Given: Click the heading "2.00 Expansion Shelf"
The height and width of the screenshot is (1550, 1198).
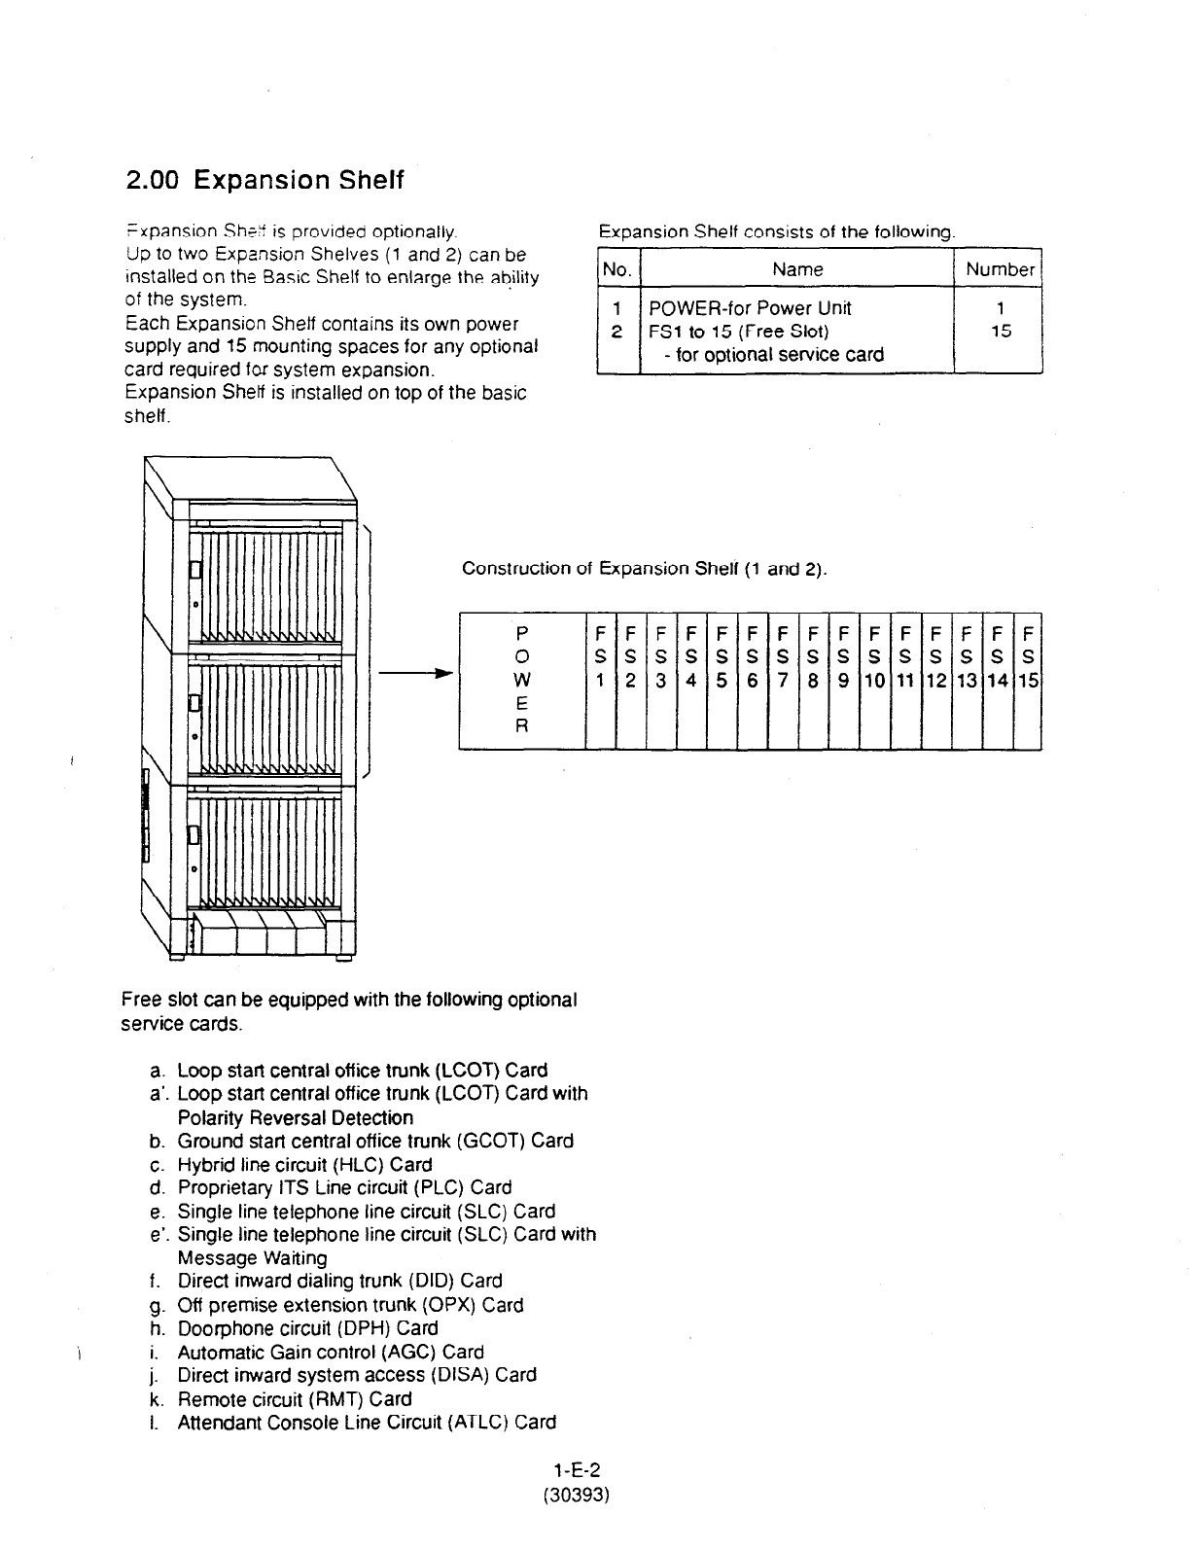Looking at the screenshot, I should coord(264,181).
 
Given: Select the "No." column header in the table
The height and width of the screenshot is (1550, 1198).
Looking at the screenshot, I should coord(617,269).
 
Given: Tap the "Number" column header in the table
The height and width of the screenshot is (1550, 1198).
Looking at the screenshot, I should coord(1000,269).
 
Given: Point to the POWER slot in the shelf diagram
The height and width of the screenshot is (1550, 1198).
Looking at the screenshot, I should coord(522,680).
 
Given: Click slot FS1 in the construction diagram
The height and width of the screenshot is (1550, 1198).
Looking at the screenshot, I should coord(601,680).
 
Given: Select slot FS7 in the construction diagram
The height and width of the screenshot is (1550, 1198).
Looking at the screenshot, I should coord(784,680).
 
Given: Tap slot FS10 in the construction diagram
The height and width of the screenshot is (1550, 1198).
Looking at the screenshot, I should coord(874,680).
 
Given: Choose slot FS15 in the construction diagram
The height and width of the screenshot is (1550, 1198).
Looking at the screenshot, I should coord(1028,680).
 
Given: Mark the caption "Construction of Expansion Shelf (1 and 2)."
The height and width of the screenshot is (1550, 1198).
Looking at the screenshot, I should coord(645,568).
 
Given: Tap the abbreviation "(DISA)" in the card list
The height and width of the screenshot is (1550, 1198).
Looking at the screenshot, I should coord(460,1375).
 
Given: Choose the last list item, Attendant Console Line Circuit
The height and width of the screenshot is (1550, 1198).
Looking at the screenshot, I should coord(366,1422).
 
